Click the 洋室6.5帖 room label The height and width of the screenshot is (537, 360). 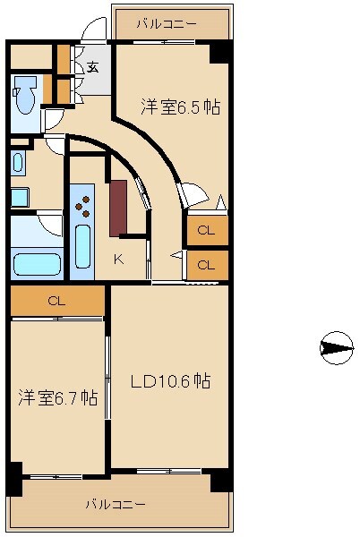[x=180, y=107]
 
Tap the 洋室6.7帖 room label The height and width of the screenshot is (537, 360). [x=57, y=397]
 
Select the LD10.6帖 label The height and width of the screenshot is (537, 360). [x=170, y=381]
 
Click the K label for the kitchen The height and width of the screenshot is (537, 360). [x=118, y=260]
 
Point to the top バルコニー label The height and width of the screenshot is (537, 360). [x=168, y=22]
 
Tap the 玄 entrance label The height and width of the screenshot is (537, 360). [x=93, y=66]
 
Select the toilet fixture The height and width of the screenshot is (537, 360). [x=25, y=93]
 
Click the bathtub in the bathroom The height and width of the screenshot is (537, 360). [x=36, y=264]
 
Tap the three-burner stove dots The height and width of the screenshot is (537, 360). [x=83, y=209]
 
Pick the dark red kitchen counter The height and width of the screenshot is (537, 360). [x=117, y=208]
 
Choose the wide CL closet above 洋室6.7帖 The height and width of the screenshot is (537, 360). [x=56, y=301]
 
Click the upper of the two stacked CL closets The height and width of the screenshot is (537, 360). [x=207, y=230]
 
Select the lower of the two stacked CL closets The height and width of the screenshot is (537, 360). [x=207, y=265]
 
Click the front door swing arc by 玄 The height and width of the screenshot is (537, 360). [x=92, y=32]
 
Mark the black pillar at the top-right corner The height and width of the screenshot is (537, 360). [x=220, y=52]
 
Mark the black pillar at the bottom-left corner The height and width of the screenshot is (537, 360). [x=14, y=479]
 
